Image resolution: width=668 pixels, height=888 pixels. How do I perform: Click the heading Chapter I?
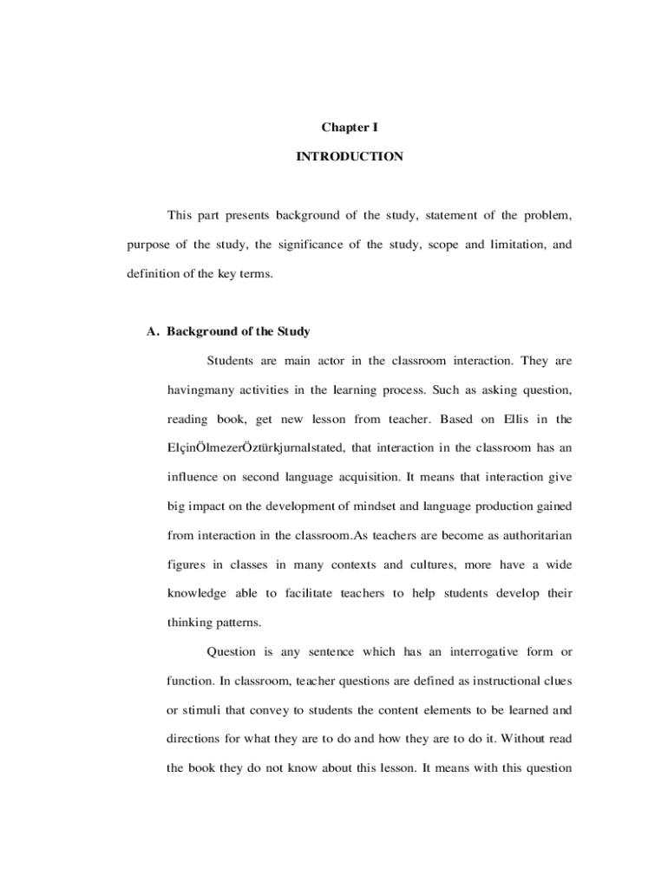coord(350,127)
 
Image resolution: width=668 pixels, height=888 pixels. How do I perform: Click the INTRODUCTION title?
coord(350,157)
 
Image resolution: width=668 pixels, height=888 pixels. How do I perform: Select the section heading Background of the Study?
coord(239,331)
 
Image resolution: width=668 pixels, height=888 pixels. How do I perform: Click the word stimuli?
coord(202,710)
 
